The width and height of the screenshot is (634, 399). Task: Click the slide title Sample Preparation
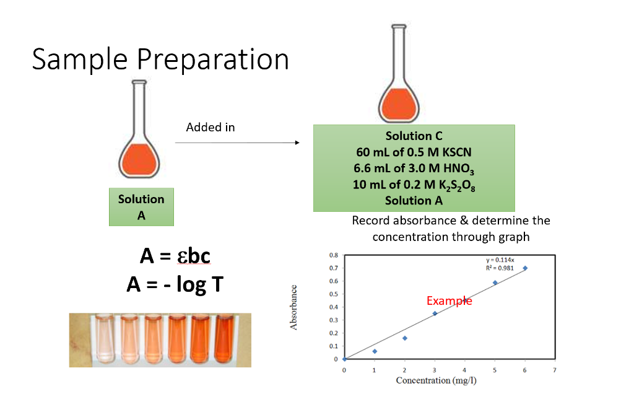[x=160, y=59]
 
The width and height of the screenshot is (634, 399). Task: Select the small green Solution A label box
[x=141, y=207]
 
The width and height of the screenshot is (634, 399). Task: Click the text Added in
[x=211, y=127]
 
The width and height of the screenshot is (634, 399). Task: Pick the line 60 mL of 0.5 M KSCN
[x=414, y=152]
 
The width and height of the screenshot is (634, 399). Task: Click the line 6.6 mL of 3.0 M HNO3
[x=414, y=168]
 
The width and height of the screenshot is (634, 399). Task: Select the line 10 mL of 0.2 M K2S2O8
[x=414, y=185]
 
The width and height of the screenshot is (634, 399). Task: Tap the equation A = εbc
[x=175, y=256]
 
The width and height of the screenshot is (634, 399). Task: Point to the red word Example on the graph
[x=449, y=301]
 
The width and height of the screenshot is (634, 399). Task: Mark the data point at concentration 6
[x=525, y=268]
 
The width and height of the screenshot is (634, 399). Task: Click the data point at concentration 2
[x=404, y=338]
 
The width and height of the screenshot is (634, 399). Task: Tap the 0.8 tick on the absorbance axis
[x=333, y=255]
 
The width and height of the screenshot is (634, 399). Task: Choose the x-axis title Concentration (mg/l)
[x=436, y=380]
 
